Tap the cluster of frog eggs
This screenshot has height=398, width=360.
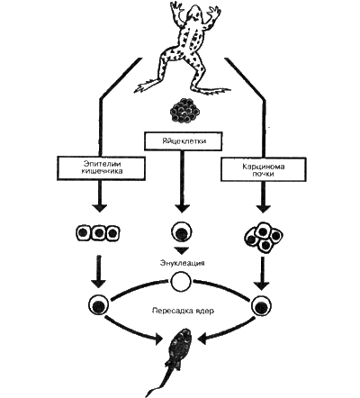pos(184,112)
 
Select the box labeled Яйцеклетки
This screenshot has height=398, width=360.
pos(184,140)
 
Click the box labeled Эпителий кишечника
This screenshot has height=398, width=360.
pos(101,168)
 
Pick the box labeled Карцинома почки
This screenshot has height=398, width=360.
pos(264,169)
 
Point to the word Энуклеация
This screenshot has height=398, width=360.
pos(183,263)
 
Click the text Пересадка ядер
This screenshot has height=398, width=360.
pos(183,311)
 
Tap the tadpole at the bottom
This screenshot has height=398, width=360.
pos(174,360)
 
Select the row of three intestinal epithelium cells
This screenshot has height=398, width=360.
pos(97,233)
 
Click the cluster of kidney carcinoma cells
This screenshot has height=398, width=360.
pos(264,237)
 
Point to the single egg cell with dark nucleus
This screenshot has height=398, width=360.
pos(182,232)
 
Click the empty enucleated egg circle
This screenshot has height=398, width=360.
pos(181,282)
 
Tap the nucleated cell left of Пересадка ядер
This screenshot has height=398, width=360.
pos(99,305)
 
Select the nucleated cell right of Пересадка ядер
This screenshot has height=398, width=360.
pos(262,306)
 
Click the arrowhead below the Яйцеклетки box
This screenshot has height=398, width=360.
pos(182,208)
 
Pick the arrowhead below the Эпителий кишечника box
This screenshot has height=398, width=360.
pos(100,208)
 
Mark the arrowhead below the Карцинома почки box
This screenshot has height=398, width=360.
pos(263,209)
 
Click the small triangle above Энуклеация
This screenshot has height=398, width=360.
pos(182,250)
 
